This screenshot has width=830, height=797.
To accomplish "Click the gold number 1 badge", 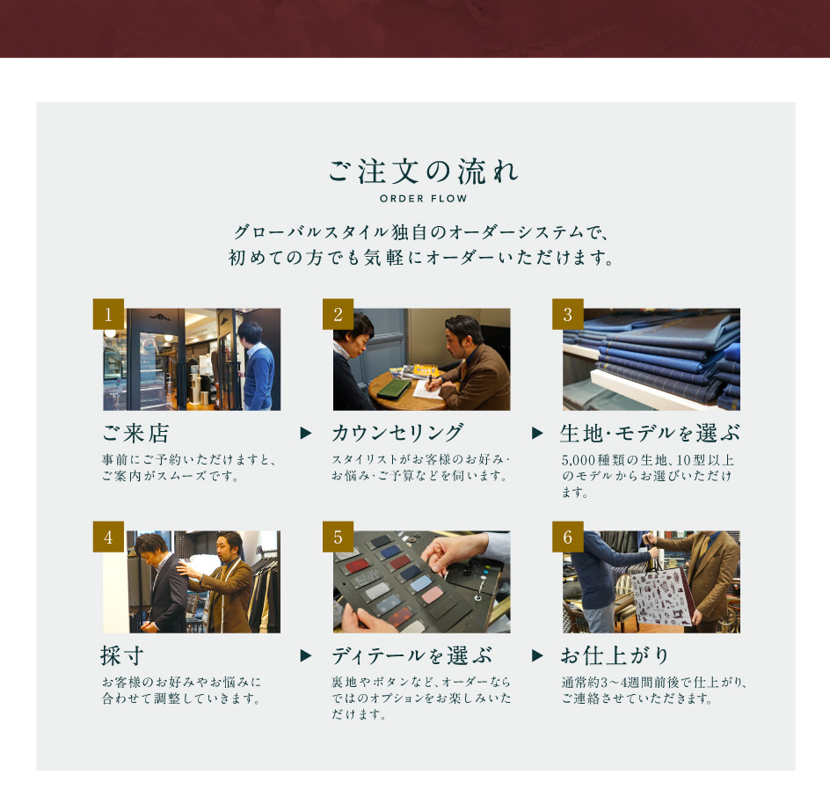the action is tap(108, 314).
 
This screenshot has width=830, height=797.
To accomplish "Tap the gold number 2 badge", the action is tap(339, 314).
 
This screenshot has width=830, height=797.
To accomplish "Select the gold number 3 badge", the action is tap(568, 314).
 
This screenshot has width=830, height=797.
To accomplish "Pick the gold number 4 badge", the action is tap(108, 537).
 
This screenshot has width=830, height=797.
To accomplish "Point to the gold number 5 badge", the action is tap(339, 537).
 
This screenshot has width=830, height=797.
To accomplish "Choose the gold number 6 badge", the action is tap(568, 537).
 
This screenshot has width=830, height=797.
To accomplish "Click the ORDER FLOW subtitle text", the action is tap(424, 199).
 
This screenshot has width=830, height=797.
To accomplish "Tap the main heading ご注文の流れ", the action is tap(424, 171).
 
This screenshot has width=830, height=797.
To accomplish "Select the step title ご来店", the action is tap(135, 433).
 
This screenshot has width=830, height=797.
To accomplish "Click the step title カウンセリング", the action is tap(398, 433).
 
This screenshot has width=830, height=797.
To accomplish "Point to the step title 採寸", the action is tap(122, 655).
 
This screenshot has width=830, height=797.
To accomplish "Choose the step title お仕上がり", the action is tap(615, 655).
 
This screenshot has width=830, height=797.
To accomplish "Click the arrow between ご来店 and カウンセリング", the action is tap(305, 433).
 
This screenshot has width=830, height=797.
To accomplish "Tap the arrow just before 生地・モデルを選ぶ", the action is tap(537, 433).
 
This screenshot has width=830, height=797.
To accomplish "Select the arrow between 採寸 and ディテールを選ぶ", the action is tap(305, 655).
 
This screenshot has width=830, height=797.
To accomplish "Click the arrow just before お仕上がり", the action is tap(537, 655).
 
